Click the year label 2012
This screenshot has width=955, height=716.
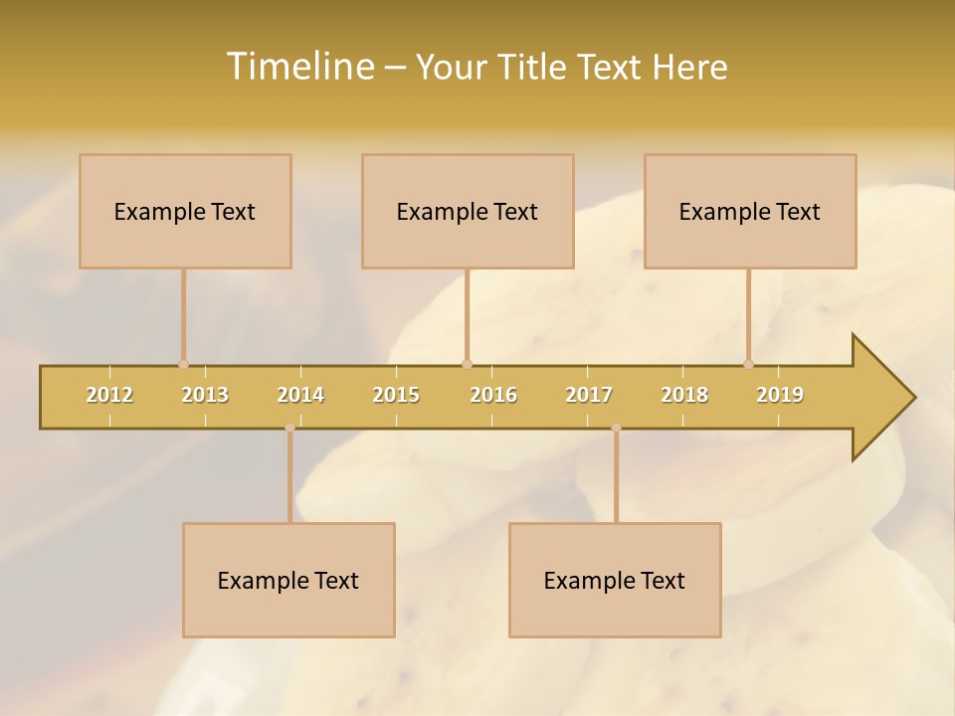(x=109, y=395)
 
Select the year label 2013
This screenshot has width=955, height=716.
(x=205, y=395)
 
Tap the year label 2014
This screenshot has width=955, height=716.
(x=300, y=395)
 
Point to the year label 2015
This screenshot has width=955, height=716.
(x=396, y=395)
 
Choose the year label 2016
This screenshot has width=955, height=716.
(x=493, y=395)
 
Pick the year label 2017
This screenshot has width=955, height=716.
(x=589, y=395)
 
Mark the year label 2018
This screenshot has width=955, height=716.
(x=684, y=395)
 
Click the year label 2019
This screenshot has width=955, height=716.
(x=780, y=395)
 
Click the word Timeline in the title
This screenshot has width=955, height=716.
(x=298, y=67)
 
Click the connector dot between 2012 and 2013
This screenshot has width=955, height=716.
(x=183, y=364)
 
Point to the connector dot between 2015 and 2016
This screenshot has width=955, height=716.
(x=467, y=364)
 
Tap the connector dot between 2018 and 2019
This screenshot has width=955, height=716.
(x=748, y=364)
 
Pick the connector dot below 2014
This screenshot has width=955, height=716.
(x=289, y=428)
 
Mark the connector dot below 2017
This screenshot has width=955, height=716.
(x=616, y=428)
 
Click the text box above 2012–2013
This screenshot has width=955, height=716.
(x=185, y=211)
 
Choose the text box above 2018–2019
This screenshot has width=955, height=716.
(x=750, y=211)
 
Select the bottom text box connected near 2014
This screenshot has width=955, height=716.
(x=288, y=580)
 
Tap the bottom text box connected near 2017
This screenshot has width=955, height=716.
(x=615, y=580)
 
